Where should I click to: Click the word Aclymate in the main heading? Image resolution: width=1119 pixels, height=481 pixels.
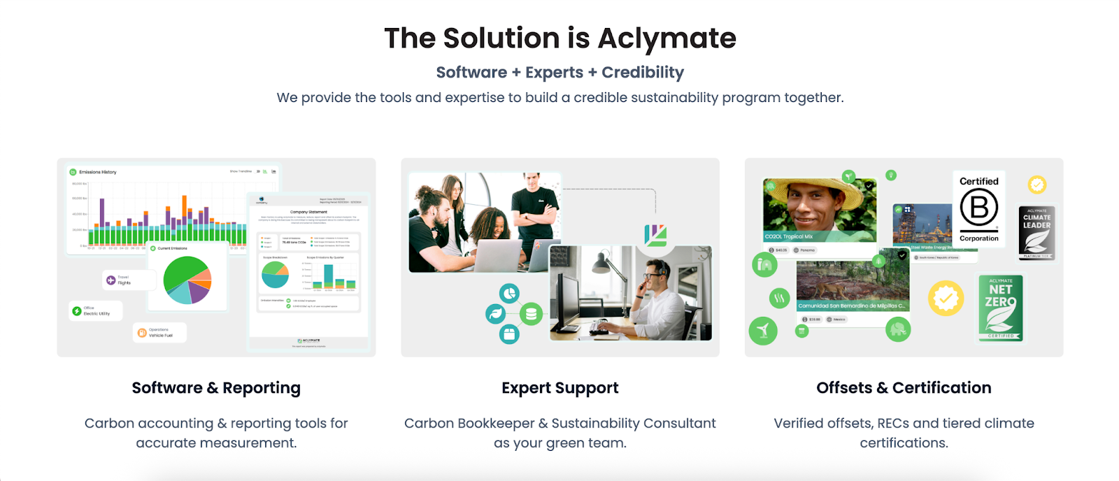[x=667, y=38]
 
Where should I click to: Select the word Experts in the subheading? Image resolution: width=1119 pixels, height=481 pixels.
[x=554, y=73]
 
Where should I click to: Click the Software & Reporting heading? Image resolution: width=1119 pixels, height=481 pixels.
[x=216, y=388]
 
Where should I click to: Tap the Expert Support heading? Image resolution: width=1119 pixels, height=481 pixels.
[x=559, y=388]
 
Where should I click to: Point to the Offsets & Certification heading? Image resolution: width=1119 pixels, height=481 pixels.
[x=904, y=388]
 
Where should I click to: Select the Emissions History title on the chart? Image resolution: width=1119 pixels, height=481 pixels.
[x=97, y=172]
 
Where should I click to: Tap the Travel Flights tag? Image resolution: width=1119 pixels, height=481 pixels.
[x=120, y=280]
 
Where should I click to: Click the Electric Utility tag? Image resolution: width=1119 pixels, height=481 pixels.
[x=96, y=311]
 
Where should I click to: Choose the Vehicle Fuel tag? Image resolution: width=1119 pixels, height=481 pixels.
[x=159, y=332]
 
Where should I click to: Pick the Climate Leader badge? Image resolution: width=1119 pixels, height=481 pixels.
[x=1036, y=233]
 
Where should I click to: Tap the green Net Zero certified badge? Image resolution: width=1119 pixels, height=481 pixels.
[x=1001, y=308]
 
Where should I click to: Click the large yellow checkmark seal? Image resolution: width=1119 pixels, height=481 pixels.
[x=946, y=299]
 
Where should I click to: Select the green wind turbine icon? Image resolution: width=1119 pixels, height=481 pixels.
[x=763, y=330]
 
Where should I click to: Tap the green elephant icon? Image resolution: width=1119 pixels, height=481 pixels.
[x=898, y=329]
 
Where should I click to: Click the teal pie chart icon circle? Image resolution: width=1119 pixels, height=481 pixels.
[x=510, y=294]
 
